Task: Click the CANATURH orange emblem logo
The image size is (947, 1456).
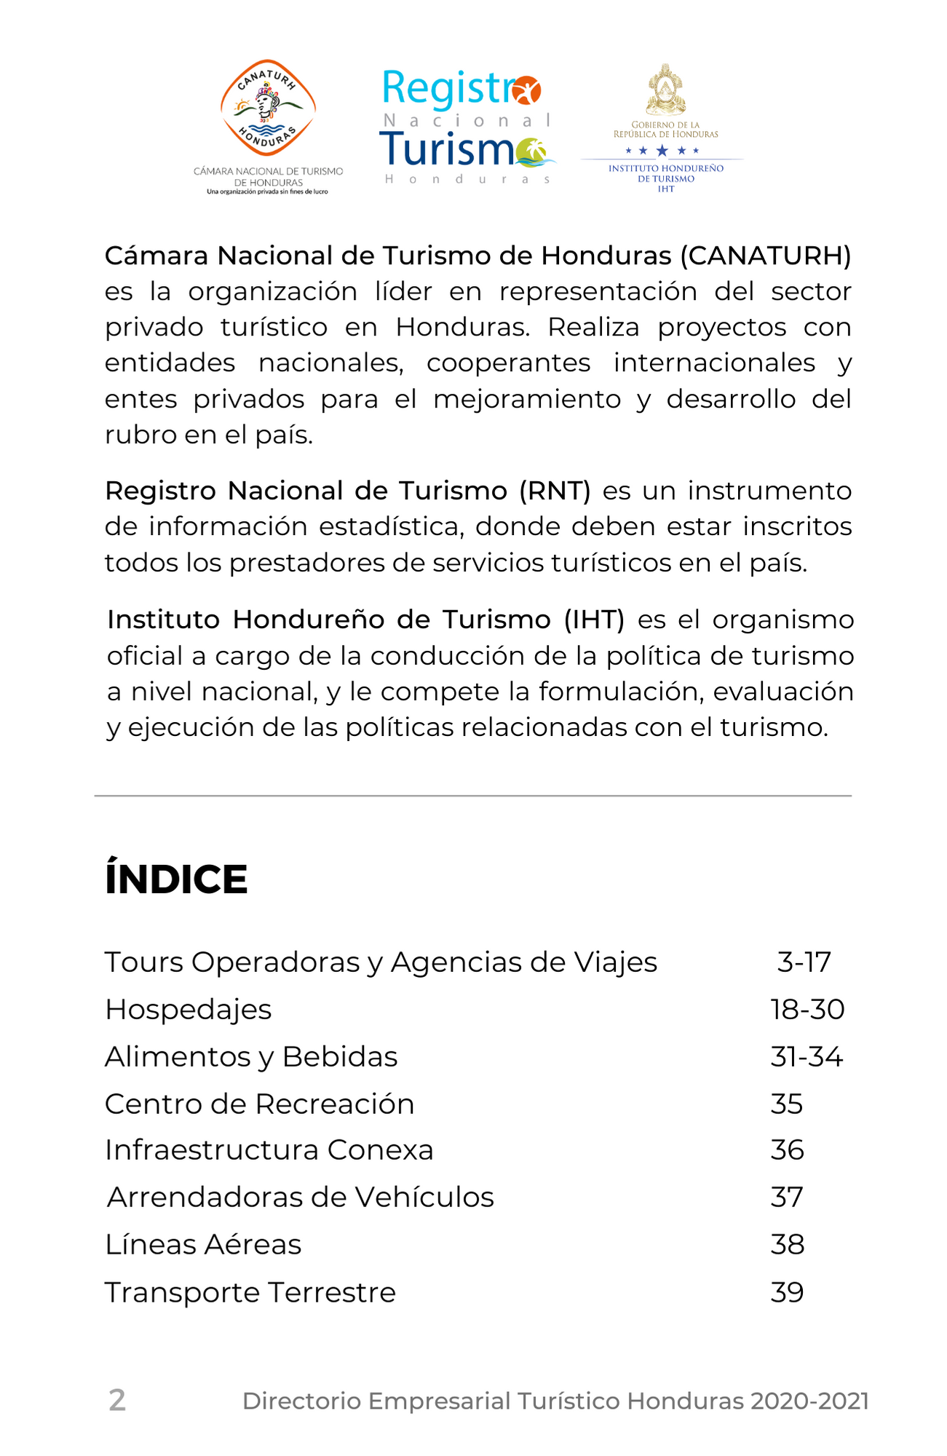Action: tap(268, 108)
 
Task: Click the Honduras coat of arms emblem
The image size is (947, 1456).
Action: tap(665, 90)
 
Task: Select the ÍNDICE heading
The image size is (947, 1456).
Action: tap(176, 879)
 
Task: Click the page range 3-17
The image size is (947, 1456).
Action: tap(804, 962)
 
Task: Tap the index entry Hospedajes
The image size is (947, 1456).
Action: tap(189, 1010)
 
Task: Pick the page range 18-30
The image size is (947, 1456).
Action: tap(807, 1010)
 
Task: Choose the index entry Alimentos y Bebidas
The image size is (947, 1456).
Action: tap(251, 1057)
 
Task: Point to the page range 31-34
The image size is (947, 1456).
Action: tap(807, 1057)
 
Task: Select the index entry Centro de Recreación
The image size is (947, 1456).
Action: tap(259, 1104)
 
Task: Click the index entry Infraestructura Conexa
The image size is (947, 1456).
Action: tap(269, 1150)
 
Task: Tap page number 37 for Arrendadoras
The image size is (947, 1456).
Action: tap(787, 1198)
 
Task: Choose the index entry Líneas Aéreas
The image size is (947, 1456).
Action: tap(203, 1245)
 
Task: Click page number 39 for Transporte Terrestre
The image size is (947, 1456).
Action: tap(787, 1292)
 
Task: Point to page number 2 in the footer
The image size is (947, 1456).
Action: tap(117, 1401)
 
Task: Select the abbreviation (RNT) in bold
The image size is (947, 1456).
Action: tap(555, 491)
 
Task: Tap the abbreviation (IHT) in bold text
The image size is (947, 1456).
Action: tap(594, 620)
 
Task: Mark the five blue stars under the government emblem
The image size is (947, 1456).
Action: tap(662, 151)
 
